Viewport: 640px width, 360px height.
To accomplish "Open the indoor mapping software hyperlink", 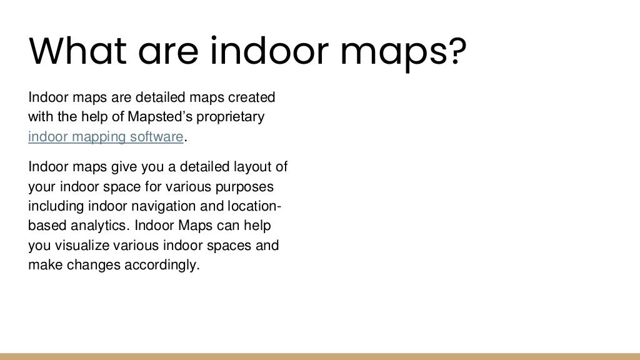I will tap(106, 137).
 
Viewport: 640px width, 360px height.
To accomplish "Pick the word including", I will tap(54, 207).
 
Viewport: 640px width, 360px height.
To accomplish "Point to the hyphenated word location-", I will tap(250, 207).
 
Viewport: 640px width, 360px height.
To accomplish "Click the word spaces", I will tap(231, 245).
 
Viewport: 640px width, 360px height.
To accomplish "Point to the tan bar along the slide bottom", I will tap(320, 356).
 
